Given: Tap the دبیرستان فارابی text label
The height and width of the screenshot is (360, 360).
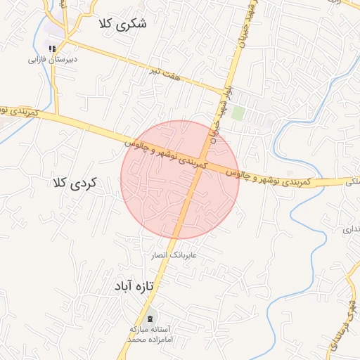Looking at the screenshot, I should pyautogui.click(x=52, y=60).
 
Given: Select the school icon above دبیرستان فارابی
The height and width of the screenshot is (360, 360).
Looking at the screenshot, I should pyautogui.click(x=51, y=48).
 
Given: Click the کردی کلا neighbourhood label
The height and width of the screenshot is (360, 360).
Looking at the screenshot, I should pyautogui.click(x=74, y=183).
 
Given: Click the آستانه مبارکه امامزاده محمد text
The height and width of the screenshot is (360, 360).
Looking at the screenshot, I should pyautogui.click(x=155, y=334).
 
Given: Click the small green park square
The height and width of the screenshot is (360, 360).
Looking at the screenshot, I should pyautogui.click(x=238, y=112).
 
